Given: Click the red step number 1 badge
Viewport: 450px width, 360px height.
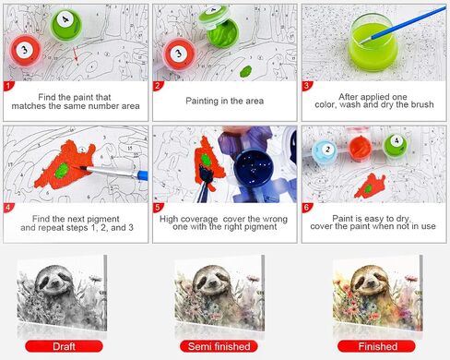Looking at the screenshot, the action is tap(8, 86).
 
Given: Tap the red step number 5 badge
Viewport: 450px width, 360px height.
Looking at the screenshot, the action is tap(158, 208).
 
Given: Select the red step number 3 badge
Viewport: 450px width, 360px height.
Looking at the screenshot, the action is tap(306, 86).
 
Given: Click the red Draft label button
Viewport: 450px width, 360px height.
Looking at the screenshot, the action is tap(64, 346).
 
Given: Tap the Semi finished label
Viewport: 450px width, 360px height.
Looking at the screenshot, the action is tap(219, 346).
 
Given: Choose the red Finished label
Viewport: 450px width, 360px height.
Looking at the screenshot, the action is tap(376, 346).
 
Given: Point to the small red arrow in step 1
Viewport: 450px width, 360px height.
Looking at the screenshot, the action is tap(76, 54).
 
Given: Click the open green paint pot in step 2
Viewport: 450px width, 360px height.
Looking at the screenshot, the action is tap(222, 32).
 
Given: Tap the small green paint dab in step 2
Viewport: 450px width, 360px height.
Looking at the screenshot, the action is tap(245, 71).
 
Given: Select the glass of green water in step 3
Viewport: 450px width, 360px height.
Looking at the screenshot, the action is tap(373, 42).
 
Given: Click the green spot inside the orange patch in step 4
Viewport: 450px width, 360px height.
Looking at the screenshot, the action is tap(62, 171).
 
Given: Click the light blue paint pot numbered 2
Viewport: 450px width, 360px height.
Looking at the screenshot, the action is tap(325, 150).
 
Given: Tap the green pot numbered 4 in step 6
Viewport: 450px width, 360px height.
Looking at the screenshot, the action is tap(396, 145).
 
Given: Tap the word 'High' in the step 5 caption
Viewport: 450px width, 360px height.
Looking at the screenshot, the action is tap(168, 219).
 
